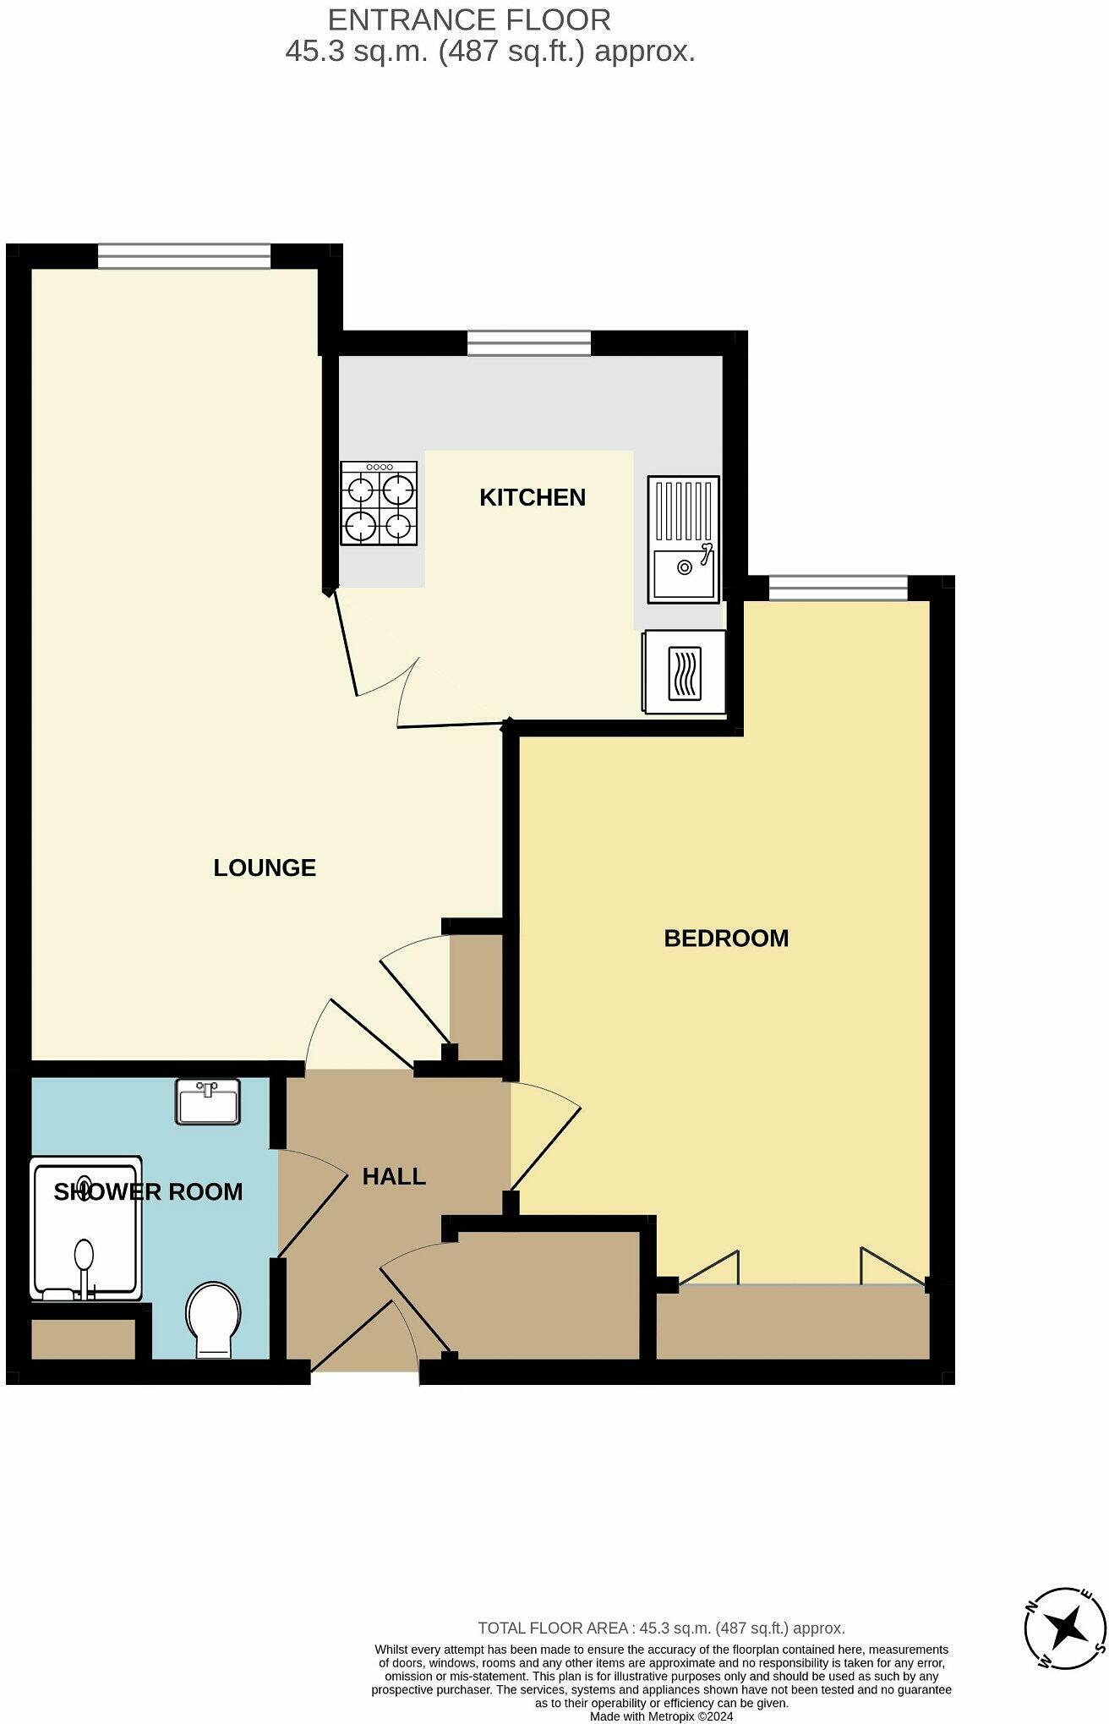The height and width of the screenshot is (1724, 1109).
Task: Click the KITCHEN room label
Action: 532,497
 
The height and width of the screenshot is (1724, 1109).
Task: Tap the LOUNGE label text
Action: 265,867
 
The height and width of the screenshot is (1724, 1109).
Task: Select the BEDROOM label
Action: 726,938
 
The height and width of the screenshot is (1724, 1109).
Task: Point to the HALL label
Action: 394,1176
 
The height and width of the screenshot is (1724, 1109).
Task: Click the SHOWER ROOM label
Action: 148,1191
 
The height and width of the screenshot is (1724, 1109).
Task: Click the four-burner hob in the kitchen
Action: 379,503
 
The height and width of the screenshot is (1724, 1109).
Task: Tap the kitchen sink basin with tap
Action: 684,567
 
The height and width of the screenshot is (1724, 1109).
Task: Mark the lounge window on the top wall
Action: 183,255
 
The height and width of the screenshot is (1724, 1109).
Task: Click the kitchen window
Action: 529,343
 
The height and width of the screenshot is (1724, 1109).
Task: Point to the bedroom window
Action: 837,587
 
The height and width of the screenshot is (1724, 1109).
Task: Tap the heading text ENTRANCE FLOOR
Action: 469,19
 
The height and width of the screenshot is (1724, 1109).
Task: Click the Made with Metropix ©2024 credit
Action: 661,1716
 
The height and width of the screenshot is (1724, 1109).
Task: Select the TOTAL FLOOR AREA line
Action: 661,1627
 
